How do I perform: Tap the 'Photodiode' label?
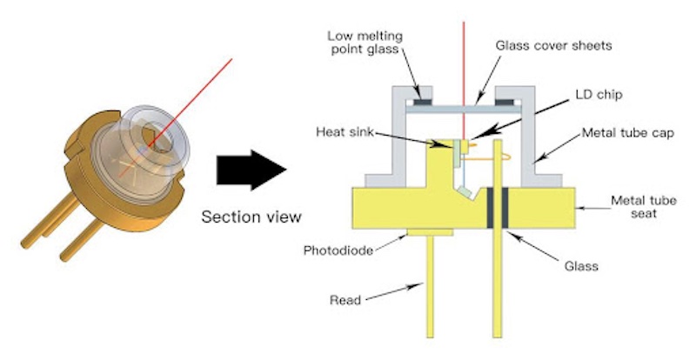point(338,250)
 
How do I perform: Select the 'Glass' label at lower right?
point(580,267)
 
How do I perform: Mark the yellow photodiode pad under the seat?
point(431,231)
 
